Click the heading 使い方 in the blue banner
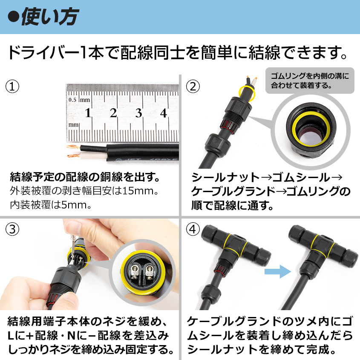point(50,17)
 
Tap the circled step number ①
point(12,86)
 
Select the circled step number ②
point(193,86)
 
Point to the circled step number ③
point(12,229)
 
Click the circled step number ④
point(193,229)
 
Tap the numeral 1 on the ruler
point(88,113)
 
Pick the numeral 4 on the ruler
point(163,113)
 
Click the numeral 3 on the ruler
point(138,113)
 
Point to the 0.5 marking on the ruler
point(72,100)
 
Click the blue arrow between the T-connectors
point(278,272)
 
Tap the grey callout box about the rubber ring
point(310,81)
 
